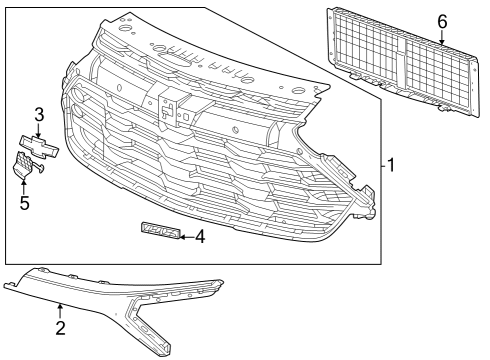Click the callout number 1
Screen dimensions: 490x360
coord(391,165)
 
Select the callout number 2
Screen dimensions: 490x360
coord(60,328)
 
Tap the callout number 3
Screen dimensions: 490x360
coord(39,115)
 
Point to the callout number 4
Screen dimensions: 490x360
coord(200,237)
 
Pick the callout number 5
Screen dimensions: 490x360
coord(24,203)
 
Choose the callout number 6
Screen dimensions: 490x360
coord(442,22)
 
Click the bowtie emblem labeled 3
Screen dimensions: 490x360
coord(39,146)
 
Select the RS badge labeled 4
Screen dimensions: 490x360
coord(161,231)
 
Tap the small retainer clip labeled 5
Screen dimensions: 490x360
coord(25,164)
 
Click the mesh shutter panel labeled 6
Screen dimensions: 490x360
coord(403,62)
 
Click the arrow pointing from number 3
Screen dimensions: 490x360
coord(39,130)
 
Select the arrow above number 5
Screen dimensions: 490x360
coord(24,186)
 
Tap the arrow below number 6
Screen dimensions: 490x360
coord(442,37)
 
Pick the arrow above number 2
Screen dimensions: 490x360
coord(60,311)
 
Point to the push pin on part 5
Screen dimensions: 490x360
coord(39,168)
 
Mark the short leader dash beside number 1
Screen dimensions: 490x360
coord(384,165)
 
